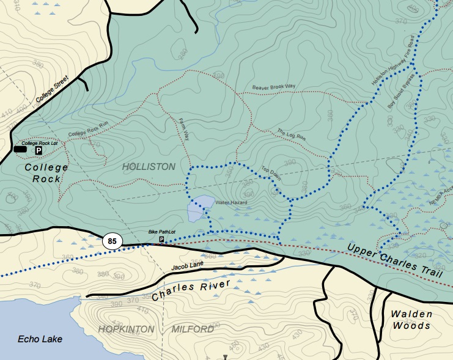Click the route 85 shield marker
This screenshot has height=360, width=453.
pos(112,241)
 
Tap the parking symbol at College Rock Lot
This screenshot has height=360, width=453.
pos(38,150)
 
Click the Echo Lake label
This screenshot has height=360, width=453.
pos(40,339)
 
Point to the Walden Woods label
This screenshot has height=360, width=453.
pos(413,320)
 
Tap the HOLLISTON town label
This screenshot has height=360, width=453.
pos(149,167)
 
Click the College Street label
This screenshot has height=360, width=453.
pos(54,90)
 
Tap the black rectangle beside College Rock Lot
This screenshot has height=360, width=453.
pos(20,149)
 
